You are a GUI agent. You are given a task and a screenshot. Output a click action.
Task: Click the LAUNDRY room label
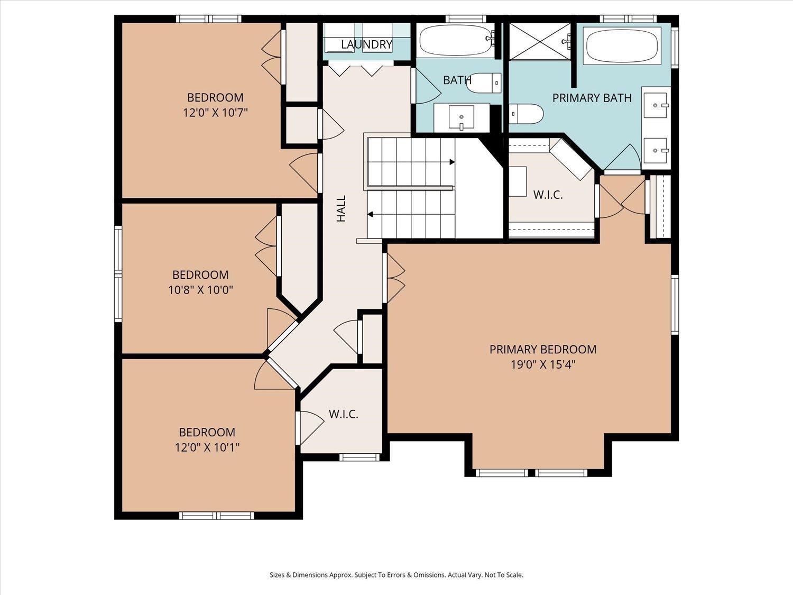pos(367,44)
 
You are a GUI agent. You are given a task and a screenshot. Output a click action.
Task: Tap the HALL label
pos(342,208)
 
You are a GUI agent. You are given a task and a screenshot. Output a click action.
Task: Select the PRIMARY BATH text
pos(592,98)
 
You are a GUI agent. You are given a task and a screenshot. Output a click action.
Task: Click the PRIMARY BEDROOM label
pos(542,350)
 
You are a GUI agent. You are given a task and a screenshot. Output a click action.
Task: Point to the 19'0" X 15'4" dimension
pos(542,364)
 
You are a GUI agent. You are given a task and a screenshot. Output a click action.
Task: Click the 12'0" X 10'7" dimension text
pos(215,113)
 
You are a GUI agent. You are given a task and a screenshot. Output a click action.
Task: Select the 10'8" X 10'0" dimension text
pos(200,290)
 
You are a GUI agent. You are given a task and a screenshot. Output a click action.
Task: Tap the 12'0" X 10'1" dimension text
pos(207,447)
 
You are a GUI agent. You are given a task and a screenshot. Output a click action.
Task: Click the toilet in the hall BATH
pos(483,83)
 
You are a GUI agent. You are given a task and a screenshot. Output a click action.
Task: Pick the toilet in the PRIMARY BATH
pos(526,113)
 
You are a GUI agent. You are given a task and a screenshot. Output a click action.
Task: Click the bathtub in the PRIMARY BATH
pos(622,47)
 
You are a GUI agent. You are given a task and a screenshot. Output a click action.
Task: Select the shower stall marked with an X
pos(540,41)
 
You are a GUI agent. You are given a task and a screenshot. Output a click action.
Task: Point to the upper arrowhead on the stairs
pos(452,162)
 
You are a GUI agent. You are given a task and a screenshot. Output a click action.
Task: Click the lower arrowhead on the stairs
pos(370,215)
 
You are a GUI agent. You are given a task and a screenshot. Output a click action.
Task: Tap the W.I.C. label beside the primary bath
pos(548,195)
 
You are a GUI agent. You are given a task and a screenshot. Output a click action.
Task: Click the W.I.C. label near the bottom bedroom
pos(344,414)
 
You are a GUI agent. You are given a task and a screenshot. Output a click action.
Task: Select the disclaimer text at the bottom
pos(396,575)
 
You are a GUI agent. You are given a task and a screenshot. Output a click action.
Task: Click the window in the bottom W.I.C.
pos(359,457)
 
